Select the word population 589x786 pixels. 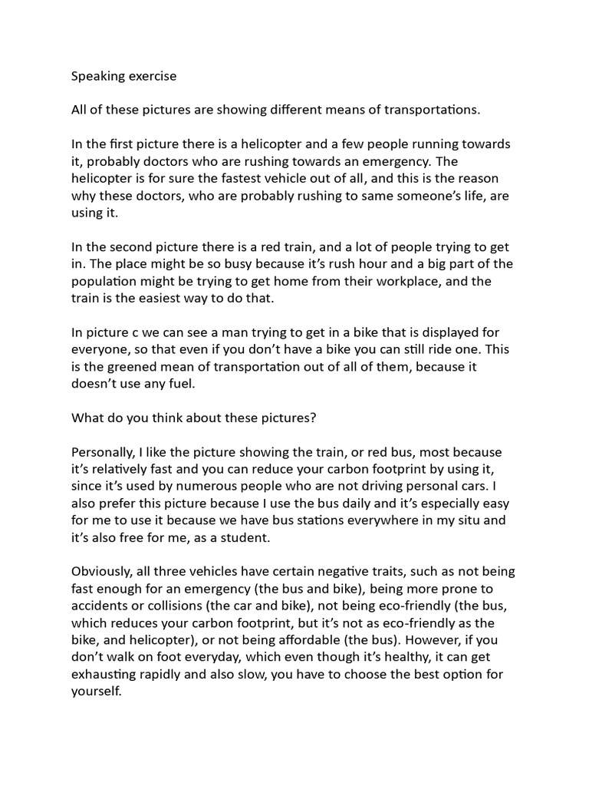(x=107, y=281)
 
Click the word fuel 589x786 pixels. (x=184, y=384)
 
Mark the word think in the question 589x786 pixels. (x=182, y=418)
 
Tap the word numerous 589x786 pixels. (x=202, y=487)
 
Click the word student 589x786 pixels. (x=269, y=537)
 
